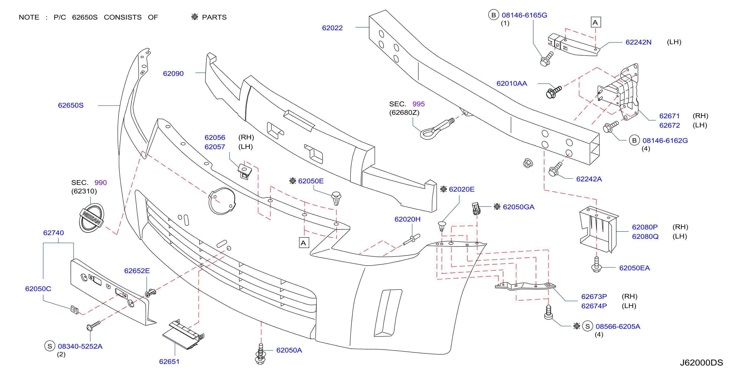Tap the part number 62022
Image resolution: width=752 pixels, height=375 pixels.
point(332,28)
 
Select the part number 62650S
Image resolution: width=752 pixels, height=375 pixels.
point(71,105)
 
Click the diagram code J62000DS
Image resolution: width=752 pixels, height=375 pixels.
point(701,363)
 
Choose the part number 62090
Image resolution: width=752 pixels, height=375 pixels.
point(173,74)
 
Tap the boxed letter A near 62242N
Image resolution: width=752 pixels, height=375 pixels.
point(595,22)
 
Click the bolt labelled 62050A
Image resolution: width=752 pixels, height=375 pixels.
point(260,354)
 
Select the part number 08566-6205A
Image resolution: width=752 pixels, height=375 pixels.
point(618,326)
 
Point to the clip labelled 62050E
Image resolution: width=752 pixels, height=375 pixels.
point(336,198)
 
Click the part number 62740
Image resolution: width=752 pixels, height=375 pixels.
point(53,233)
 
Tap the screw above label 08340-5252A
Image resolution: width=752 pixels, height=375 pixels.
point(93,326)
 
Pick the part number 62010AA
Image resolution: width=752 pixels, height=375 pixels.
point(512,83)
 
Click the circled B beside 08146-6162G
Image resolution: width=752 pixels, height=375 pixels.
point(634,140)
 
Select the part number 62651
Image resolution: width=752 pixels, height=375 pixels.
point(169,362)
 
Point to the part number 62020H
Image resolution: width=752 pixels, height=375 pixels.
point(407,219)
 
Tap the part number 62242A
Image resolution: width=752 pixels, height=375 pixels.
point(589,179)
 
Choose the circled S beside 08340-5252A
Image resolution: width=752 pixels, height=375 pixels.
point(50,346)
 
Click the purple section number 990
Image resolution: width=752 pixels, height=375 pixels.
point(100,183)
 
